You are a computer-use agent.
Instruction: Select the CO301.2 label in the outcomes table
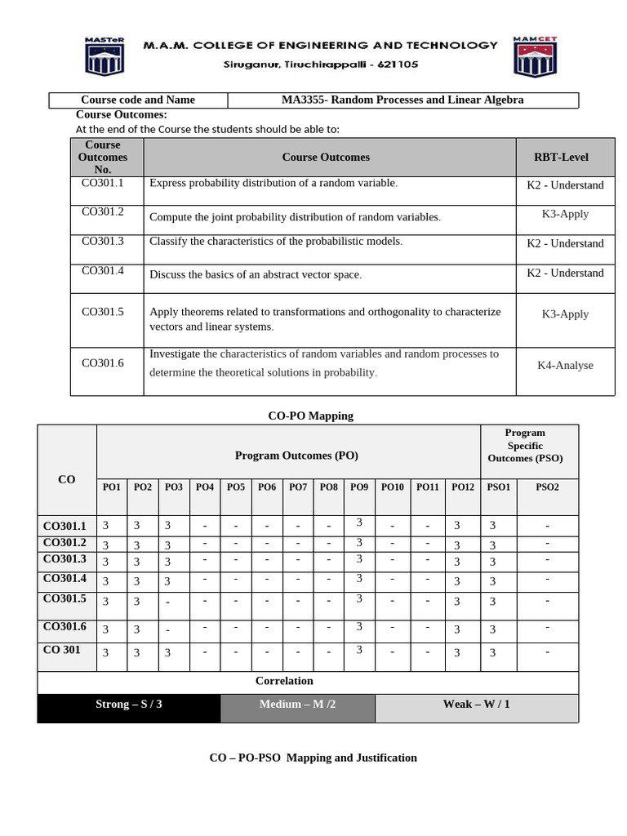pos(103,212)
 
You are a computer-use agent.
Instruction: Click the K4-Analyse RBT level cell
pos(565,366)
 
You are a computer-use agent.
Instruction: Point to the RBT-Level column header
pos(561,158)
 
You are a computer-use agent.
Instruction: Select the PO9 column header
pos(359,487)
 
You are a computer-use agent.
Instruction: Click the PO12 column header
pos(462,487)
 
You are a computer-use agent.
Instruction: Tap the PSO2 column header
pos(547,487)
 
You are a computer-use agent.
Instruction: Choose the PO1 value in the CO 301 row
pos(104,653)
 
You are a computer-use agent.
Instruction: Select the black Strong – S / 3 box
pos(129,705)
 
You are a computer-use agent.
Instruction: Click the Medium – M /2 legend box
pos(297,705)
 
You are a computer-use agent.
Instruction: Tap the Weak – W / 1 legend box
pos(476,705)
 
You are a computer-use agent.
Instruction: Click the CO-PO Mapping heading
pos(310,416)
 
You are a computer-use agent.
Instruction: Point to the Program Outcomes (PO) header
pos(296,456)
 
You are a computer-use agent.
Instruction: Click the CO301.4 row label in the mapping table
pos(64,579)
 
